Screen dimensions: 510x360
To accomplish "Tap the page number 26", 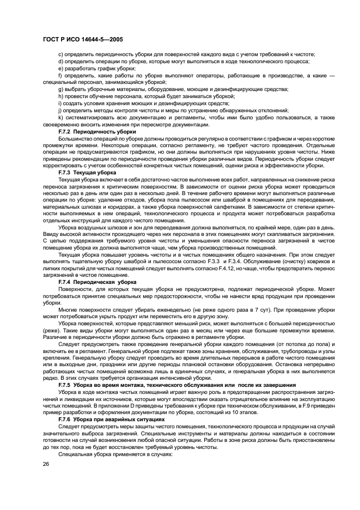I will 46,463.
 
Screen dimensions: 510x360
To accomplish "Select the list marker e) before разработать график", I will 60,69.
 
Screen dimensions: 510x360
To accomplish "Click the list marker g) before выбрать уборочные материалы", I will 60,89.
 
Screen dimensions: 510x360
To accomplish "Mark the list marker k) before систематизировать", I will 60,117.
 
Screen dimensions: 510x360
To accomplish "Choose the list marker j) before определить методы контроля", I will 60,110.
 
